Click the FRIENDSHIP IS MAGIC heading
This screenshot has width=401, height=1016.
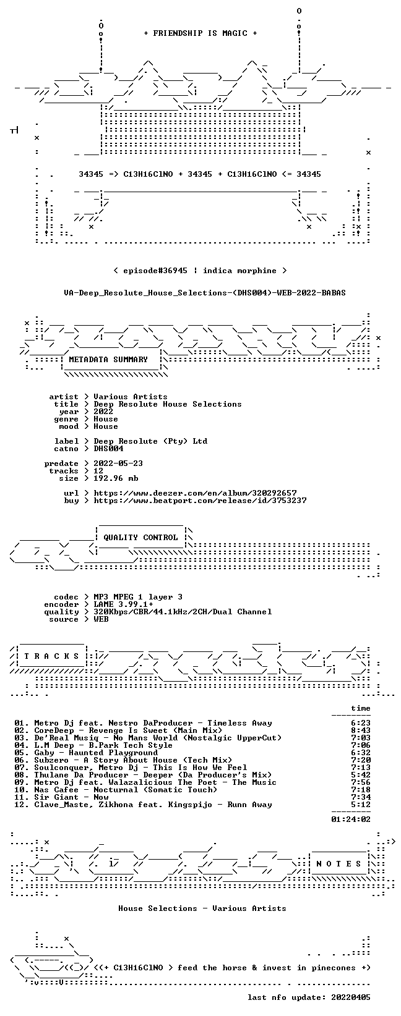200,33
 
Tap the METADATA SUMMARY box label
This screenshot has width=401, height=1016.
108,360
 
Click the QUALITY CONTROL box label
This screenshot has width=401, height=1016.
140,538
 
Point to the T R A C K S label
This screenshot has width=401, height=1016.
51,656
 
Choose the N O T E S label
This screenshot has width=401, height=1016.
338,864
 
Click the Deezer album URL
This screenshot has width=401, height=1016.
196,493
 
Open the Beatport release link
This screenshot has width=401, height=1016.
200,501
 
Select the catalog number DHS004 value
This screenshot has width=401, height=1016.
108,449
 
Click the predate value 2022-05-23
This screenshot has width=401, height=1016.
118,464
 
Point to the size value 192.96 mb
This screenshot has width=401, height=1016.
116,478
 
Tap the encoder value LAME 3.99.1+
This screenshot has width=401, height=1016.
124,604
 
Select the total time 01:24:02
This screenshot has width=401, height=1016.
351,819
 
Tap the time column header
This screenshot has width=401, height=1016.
361,708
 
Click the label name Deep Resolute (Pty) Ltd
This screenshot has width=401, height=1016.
150,441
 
